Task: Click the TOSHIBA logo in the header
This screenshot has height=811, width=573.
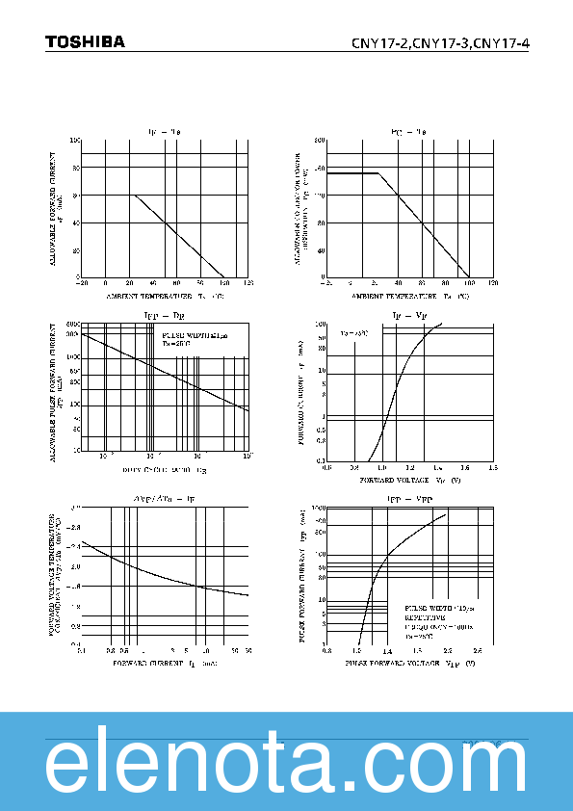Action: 85,41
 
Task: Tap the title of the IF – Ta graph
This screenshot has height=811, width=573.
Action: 164,130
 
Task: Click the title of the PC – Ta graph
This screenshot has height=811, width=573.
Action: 408,130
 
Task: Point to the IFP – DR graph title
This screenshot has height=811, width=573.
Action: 164,315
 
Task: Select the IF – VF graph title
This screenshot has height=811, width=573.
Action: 408,315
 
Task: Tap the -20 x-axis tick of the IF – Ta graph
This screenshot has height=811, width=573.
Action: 83,283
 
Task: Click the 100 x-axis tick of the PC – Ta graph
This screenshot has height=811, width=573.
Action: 469,283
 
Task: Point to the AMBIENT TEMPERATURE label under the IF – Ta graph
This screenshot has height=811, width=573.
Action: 165,295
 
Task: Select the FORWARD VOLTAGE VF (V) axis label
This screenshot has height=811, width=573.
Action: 410,479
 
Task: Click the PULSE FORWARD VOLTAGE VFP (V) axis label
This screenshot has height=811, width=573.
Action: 409,664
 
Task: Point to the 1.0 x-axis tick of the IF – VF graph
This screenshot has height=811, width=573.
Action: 382,467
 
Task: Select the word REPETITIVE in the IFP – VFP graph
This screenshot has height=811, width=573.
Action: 424,617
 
